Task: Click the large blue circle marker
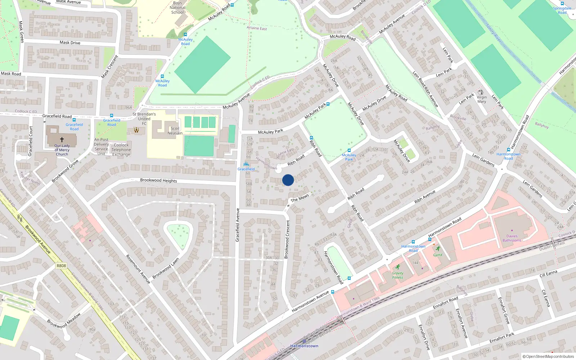coord(288,180)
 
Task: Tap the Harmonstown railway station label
coord(304,346)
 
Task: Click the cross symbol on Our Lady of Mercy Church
coord(62,140)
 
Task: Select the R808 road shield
coord(61,266)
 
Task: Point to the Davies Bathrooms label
coord(512,238)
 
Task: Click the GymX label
coord(438,255)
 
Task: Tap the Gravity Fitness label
coord(397,275)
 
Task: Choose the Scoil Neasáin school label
coord(175,131)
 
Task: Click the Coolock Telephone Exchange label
coord(121,150)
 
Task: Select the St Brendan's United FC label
coord(144,119)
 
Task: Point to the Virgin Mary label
coord(482,99)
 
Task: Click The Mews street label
coord(300,198)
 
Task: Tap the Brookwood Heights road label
coord(158,180)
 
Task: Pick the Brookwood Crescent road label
coord(287,239)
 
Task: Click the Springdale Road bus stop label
coord(562,10)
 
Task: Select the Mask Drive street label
coord(70,42)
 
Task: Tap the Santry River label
coord(493,33)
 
